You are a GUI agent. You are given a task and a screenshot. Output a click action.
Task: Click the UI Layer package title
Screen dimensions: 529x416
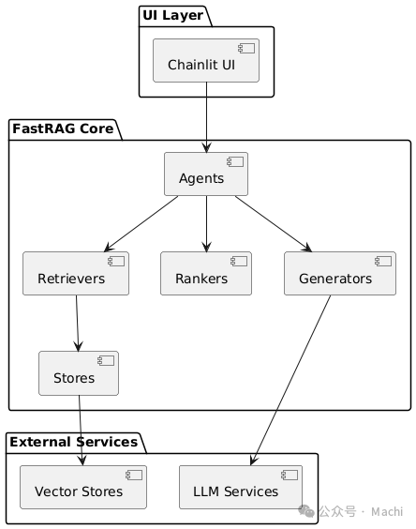click(x=171, y=14)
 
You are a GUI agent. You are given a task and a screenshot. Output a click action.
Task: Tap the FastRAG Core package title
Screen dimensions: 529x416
click(x=62, y=128)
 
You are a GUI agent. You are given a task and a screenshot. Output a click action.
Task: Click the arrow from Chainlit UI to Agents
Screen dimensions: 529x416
click(x=206, y=117)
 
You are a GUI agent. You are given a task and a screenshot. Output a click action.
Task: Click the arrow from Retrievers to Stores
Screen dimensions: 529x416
click(x=77, y=323)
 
